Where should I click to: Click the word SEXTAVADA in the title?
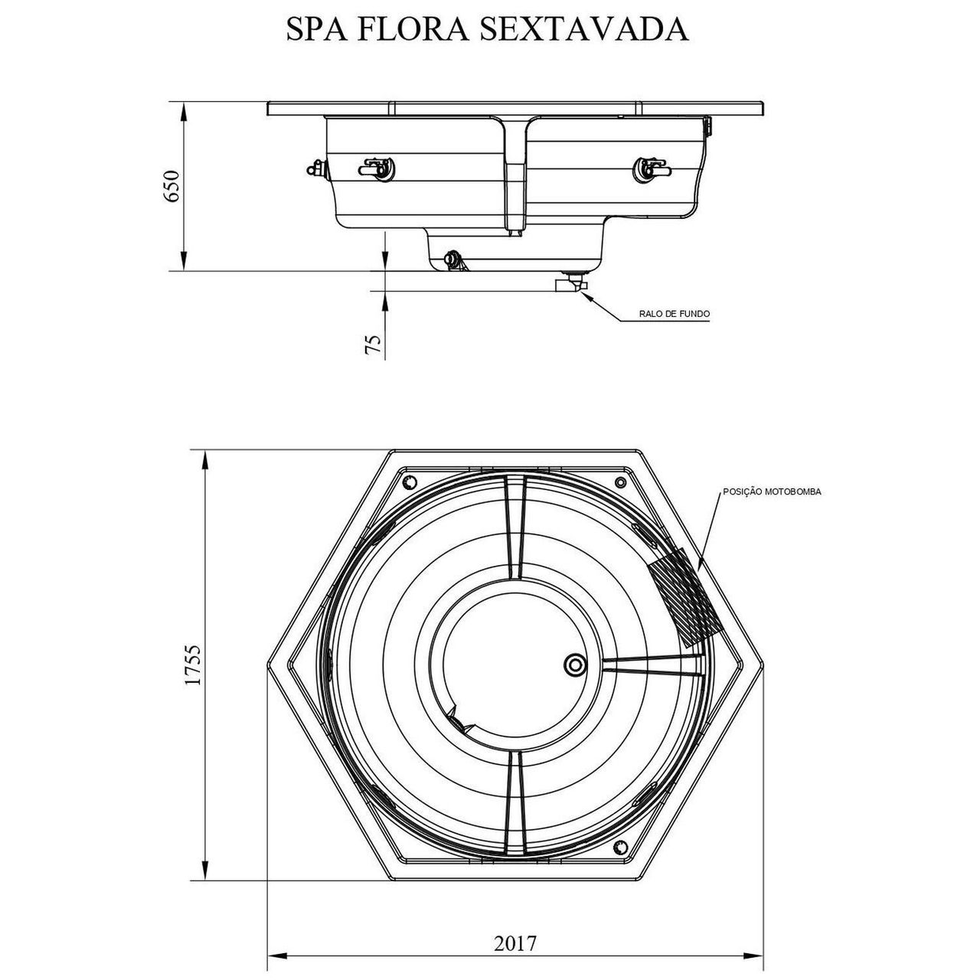click(584, 29)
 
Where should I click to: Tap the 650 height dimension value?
click(172, 186)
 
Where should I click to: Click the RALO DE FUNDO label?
click(674, 314)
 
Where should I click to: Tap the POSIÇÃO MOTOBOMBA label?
click(772, 492)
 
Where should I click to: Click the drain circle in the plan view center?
click(576, 665)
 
